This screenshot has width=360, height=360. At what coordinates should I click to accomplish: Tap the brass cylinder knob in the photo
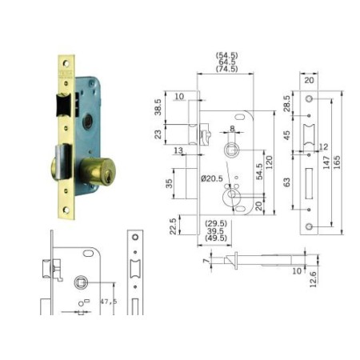pyautogui.click(x=94, y=172)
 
